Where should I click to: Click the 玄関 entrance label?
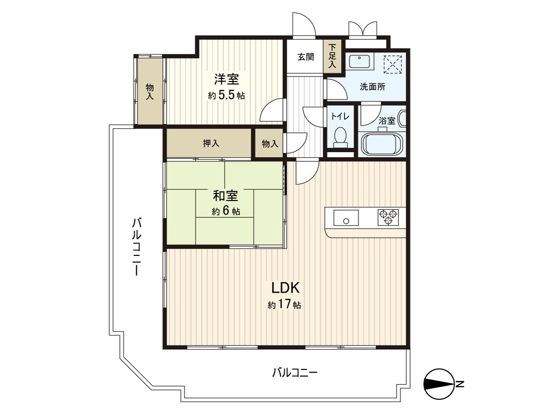coord(305,57)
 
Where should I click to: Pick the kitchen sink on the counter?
coord(346,217)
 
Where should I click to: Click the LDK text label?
coord(285,289)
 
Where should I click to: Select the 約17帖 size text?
coord(285,305)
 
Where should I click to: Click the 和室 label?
coord(225,196)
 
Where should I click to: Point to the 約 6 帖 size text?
coord(226,212)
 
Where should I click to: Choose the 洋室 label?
coord(226,79)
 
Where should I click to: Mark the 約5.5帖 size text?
coord(226,96)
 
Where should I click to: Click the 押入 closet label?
coord(211,144)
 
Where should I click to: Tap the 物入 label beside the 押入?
coord(270,144)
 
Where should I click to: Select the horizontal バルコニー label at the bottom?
coord(295,372)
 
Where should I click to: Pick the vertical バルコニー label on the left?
coord(136,246)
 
